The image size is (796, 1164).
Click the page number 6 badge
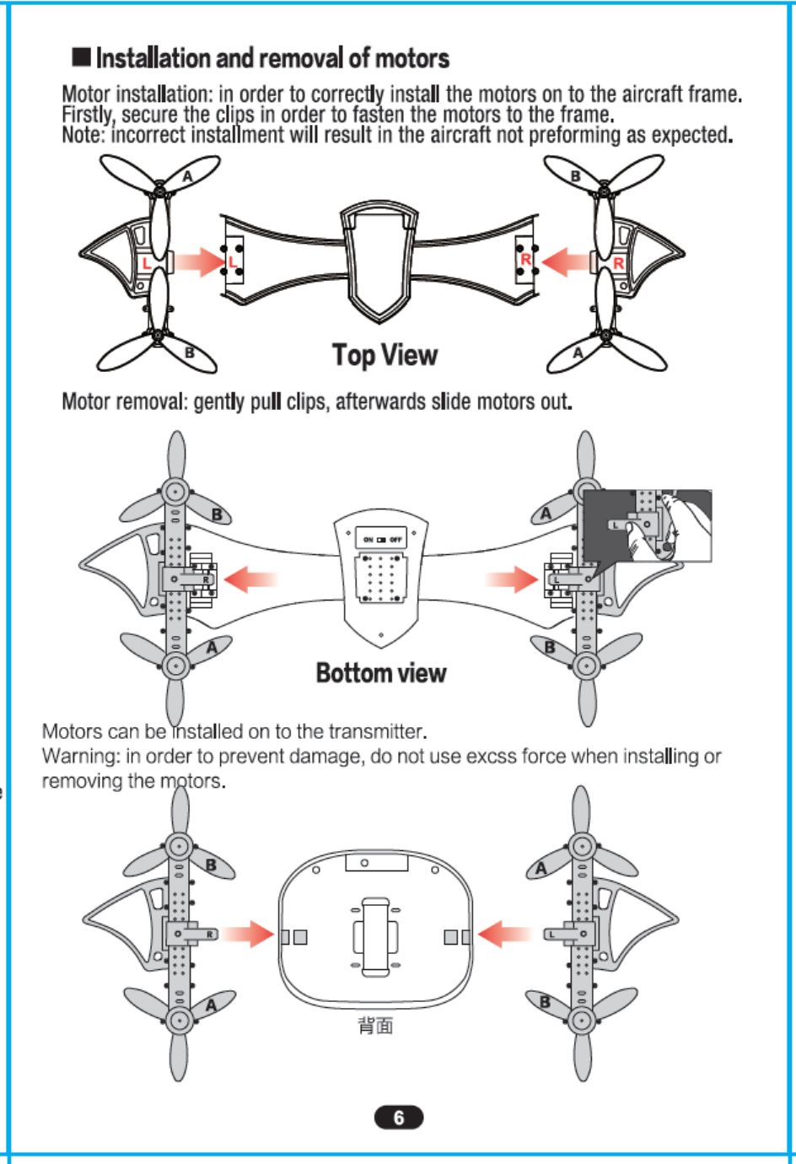coord(398,1118)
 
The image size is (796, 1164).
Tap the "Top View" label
coord(385,355)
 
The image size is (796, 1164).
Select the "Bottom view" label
coord(380,673)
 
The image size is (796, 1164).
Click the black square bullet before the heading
coord(81,57)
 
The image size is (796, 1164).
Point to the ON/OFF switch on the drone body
coord(381,539)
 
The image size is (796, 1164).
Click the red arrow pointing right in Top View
coord(200,261)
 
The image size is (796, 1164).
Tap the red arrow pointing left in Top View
coord(566,261)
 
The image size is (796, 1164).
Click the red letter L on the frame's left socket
coord(233,262)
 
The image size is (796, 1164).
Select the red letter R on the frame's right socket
coord(526,260)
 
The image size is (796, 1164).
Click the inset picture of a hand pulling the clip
coord(648,525)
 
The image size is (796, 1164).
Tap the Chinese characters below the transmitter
coord(375,1026)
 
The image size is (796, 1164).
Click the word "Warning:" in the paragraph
coord(81,756)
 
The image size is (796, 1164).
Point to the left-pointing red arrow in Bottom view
coord(250,579)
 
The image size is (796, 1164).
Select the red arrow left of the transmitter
coord(248,934)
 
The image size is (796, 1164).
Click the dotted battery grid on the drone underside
coord(381,578)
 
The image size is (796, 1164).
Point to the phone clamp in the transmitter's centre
coord(375,936)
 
